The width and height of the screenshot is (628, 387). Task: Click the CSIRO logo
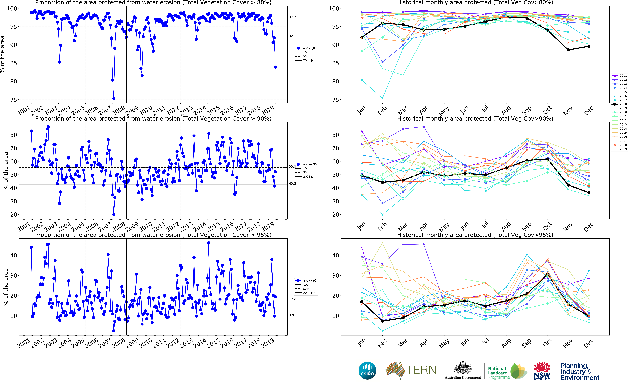367,370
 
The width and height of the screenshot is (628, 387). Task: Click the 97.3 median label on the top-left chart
292,17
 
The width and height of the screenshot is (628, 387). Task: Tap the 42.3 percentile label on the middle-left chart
292,184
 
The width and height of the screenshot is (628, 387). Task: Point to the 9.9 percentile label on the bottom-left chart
291,315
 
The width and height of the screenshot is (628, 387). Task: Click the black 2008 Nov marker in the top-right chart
568,50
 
